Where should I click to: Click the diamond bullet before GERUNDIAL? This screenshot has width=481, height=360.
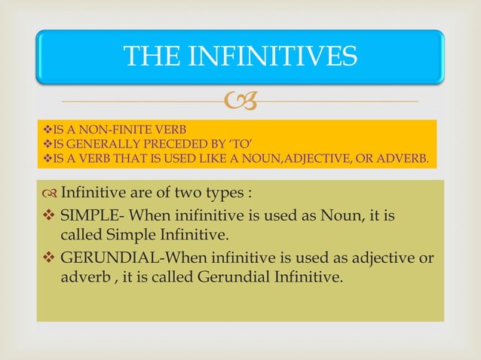48,258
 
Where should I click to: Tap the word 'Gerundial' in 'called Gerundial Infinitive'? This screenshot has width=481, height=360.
231,277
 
